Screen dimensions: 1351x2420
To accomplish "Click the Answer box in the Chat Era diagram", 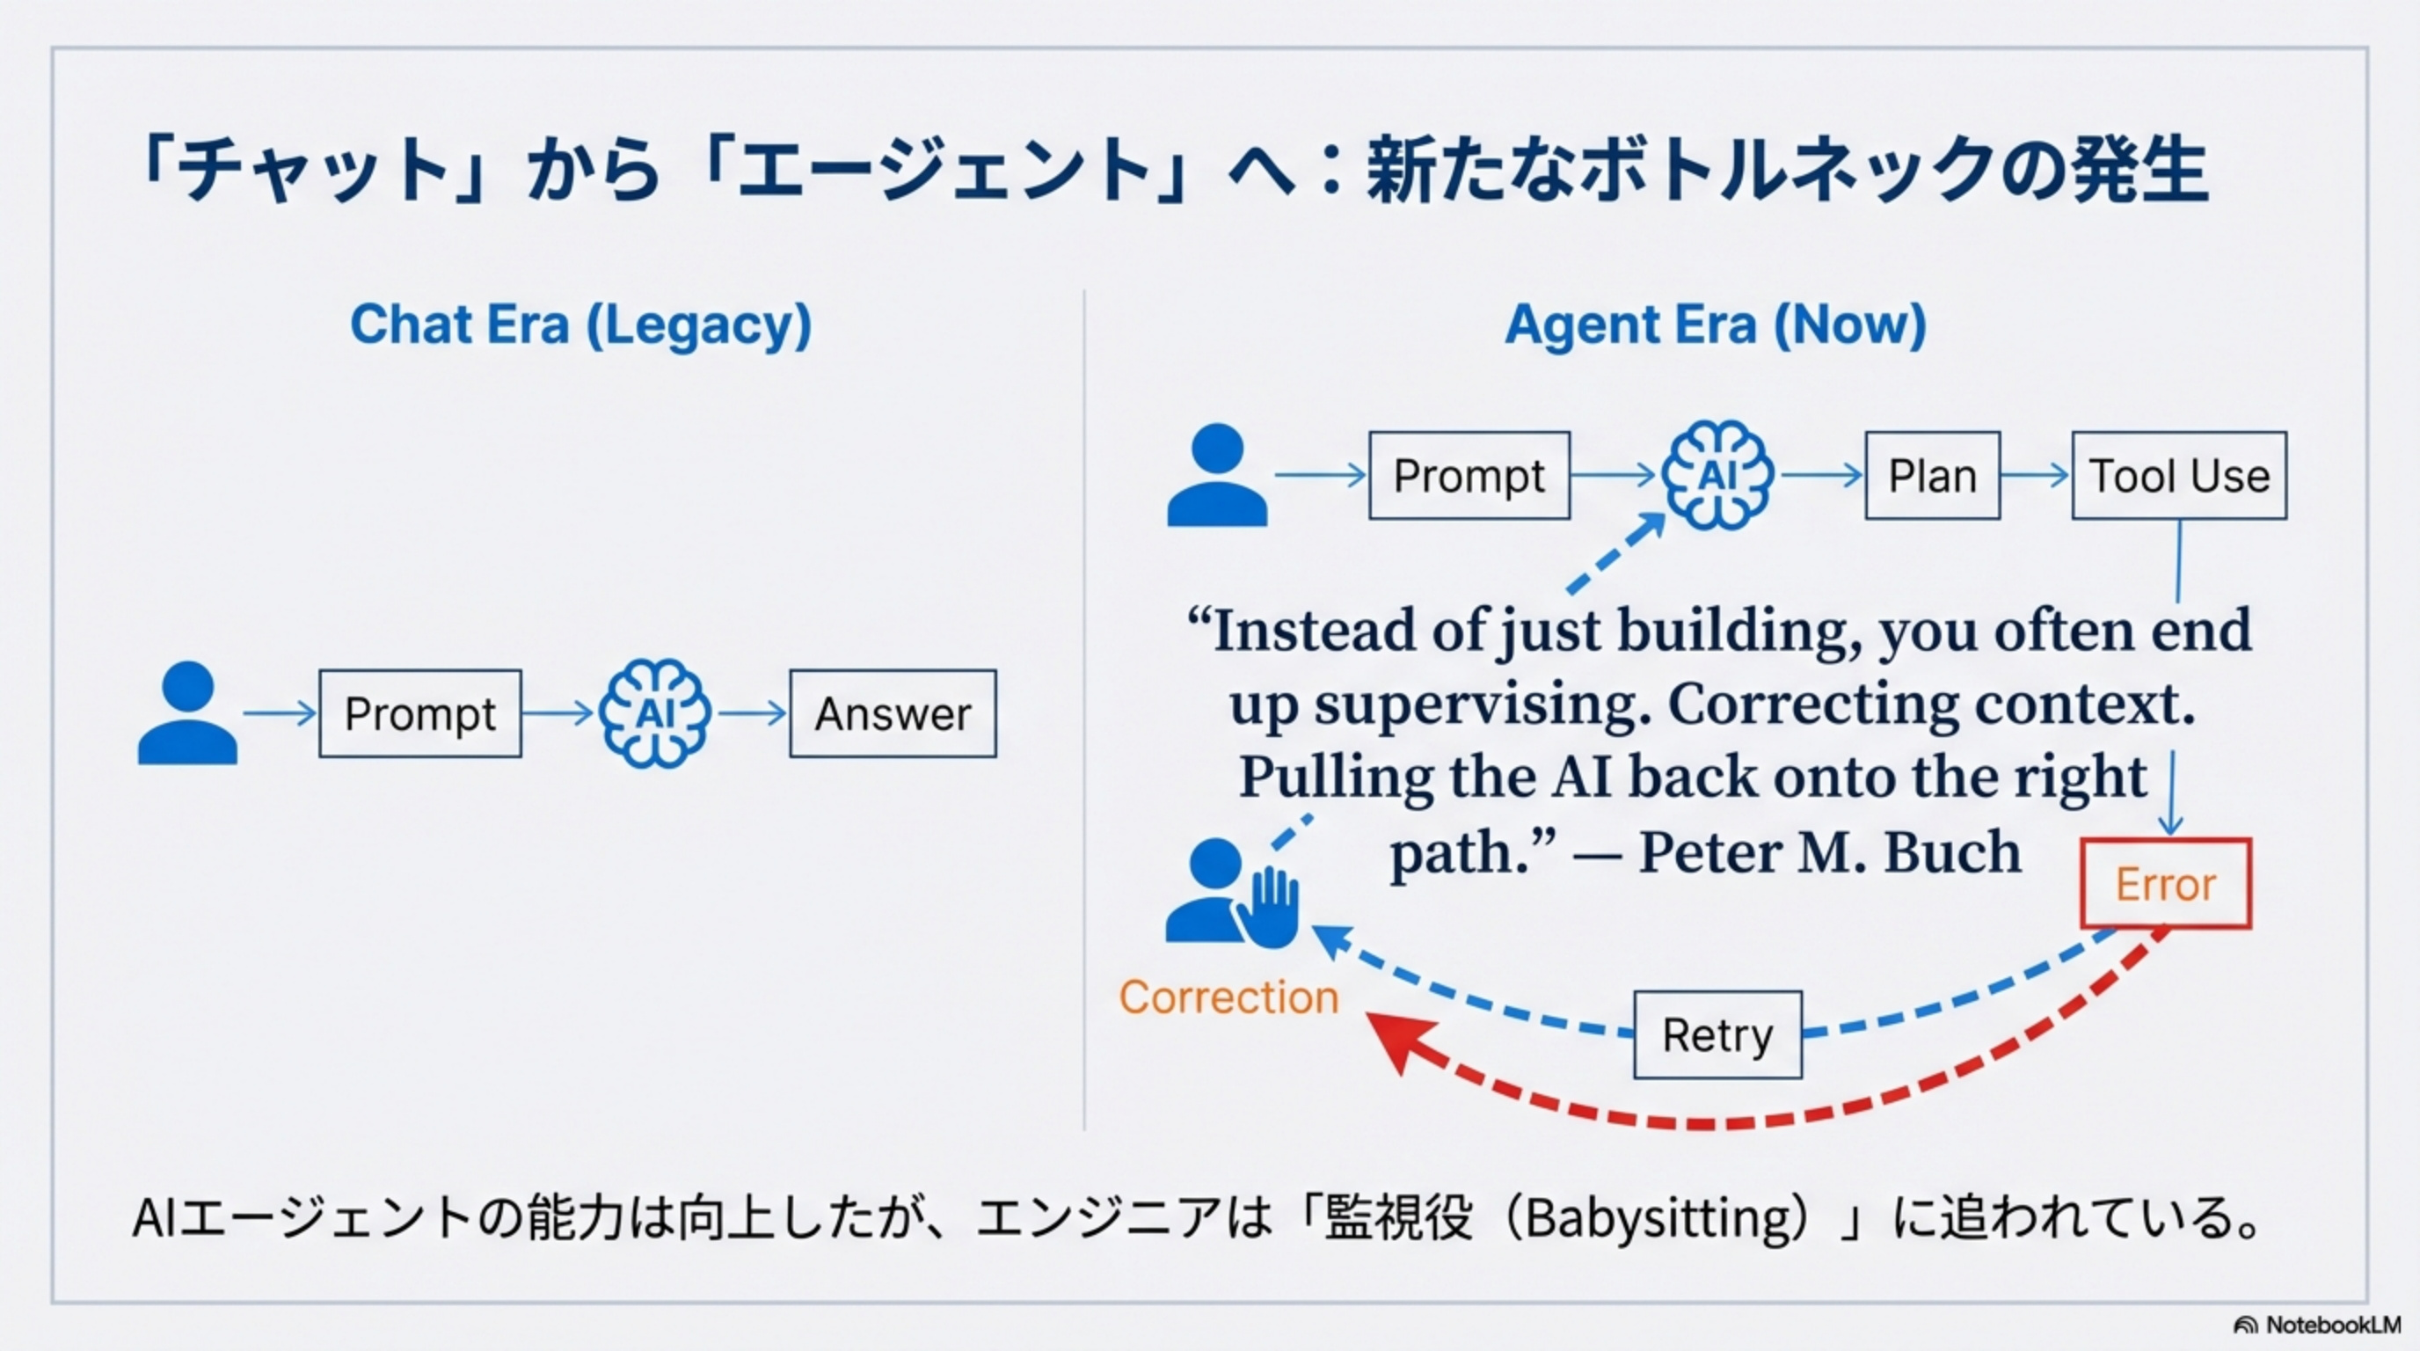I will (x=893, y=714).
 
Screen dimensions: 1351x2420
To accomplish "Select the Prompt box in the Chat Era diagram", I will (x=420, y=714).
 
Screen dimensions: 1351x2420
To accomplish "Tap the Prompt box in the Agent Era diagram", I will (x=1469, y=475).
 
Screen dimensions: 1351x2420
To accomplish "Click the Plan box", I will (x=1933, y=475).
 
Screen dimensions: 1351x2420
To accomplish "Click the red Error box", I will (x=2165, y=884).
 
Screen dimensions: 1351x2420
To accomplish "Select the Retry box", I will (x=1717, y=1034).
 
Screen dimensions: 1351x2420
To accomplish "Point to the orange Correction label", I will (x=1228, y=997).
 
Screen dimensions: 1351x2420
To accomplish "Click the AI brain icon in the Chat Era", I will (x=655, y=714).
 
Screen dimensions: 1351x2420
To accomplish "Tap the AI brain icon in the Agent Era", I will (x=1717, y=475).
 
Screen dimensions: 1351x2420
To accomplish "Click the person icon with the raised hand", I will (x=1231, y=893).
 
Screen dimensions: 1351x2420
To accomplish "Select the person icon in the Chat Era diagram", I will (x=187, y=714).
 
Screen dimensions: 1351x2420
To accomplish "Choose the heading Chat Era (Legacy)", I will (x=580, y=325).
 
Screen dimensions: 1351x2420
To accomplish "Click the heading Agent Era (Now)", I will (x=1716, y=325).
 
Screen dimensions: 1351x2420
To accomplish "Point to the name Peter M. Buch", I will (x=1830, y=853).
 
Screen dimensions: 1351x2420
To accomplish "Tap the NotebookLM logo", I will (x=2316, y=1325).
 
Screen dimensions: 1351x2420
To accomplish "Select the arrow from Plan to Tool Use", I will (x=2035, y=475).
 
